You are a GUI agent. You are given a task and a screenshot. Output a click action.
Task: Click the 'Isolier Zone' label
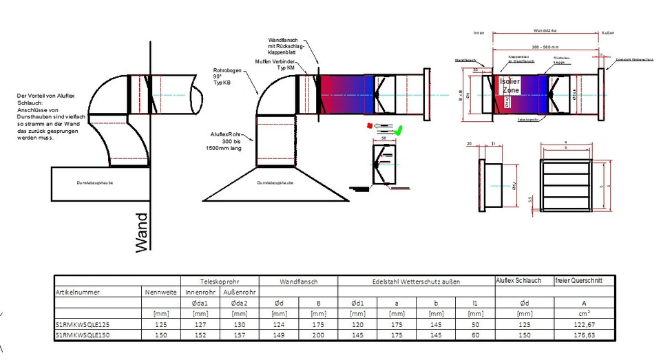pos(511,85)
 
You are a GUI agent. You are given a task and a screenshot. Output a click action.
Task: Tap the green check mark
pos(398,129)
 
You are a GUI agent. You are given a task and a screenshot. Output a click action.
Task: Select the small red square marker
pos(370,126)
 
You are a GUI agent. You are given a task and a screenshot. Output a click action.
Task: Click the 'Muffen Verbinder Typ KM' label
pos(280,66)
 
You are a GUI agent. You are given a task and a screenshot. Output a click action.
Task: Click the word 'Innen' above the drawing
pos(479,32)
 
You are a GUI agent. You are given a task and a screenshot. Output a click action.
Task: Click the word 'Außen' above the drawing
pos(607,32)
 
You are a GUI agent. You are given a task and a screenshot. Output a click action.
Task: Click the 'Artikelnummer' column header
pos(78,292)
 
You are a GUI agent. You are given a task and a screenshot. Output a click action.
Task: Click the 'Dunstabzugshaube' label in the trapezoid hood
pos(275,183)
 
